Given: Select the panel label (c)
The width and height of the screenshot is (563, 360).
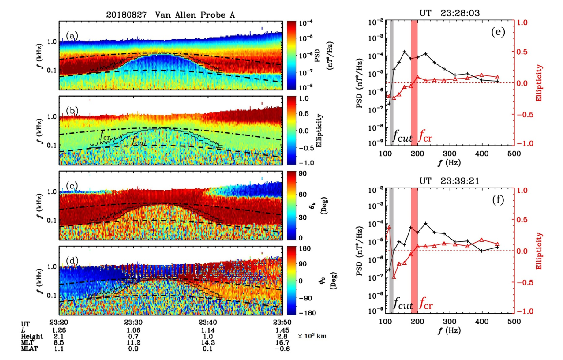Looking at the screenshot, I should tap(72, 185).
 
